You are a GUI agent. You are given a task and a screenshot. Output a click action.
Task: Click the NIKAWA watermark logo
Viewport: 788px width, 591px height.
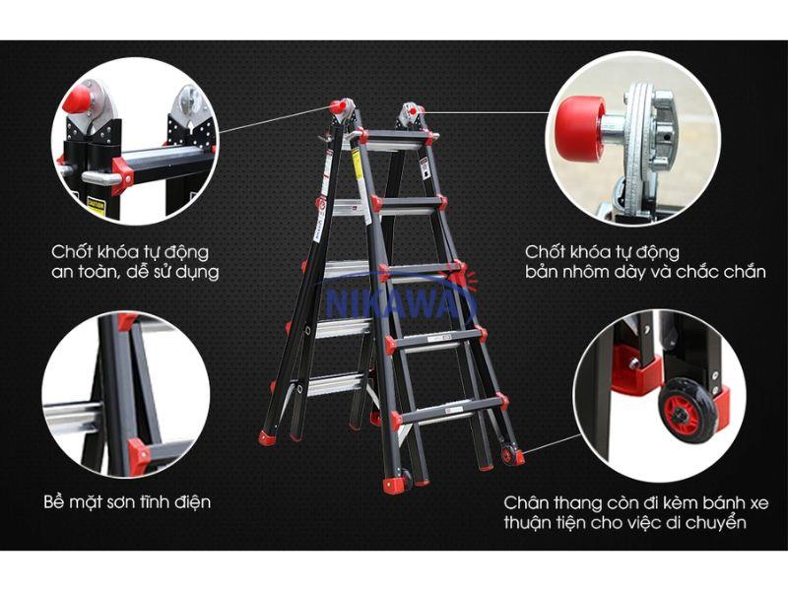point(396,300)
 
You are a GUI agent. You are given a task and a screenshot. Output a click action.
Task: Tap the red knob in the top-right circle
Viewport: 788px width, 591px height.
point(580,126)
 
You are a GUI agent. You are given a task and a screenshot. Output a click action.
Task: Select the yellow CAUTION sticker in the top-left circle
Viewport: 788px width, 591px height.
point(97,207)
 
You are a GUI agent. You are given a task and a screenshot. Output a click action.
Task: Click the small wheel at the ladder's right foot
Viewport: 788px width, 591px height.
point(507,454)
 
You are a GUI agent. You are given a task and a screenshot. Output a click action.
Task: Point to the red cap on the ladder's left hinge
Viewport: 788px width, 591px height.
point(336,106)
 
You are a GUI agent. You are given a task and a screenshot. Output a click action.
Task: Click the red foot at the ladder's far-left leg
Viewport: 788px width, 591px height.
point(268,437)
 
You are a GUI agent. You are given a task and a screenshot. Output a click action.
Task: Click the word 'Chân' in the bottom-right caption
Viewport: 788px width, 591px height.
point(526,502)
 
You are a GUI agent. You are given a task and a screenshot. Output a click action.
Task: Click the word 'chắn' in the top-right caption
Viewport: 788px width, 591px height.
point(745,272)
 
